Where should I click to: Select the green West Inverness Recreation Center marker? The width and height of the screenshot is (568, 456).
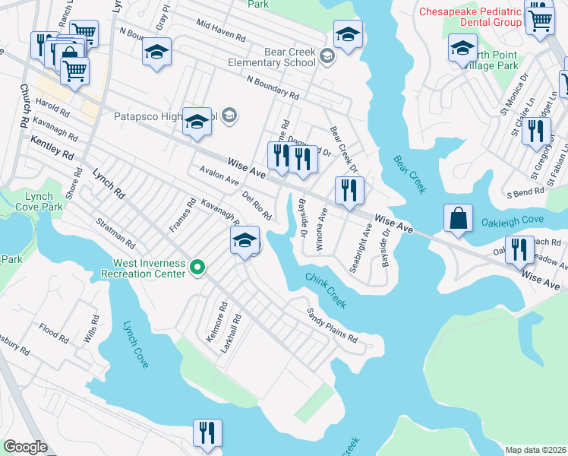(x=197, y=267)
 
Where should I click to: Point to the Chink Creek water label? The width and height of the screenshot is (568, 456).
(x=326, y=290)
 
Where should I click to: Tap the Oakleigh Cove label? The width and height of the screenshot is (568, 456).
(x=512, y=223)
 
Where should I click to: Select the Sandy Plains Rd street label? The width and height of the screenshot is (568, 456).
(x=331, y=325)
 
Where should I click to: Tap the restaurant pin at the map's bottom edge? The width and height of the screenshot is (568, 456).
(x=207, y=433)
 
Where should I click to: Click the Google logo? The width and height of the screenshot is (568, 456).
(x=25, y=447)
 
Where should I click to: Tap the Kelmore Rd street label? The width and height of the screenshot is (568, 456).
(x=216, y=322)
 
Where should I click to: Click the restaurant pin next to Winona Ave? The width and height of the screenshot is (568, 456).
(x=349, y=191)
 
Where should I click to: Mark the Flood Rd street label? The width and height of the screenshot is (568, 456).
(x=54, y=332)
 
